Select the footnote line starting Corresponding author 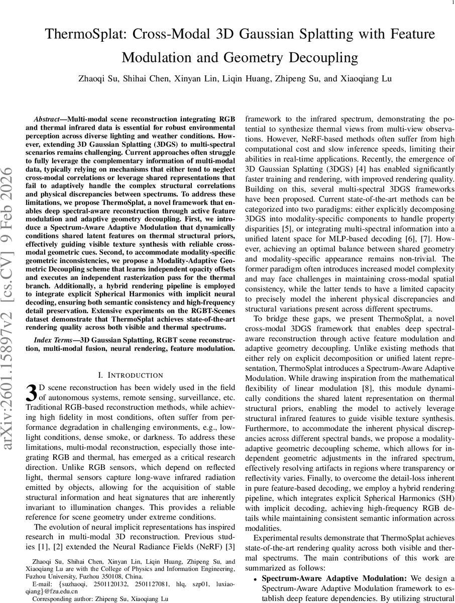tap(100, 599)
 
